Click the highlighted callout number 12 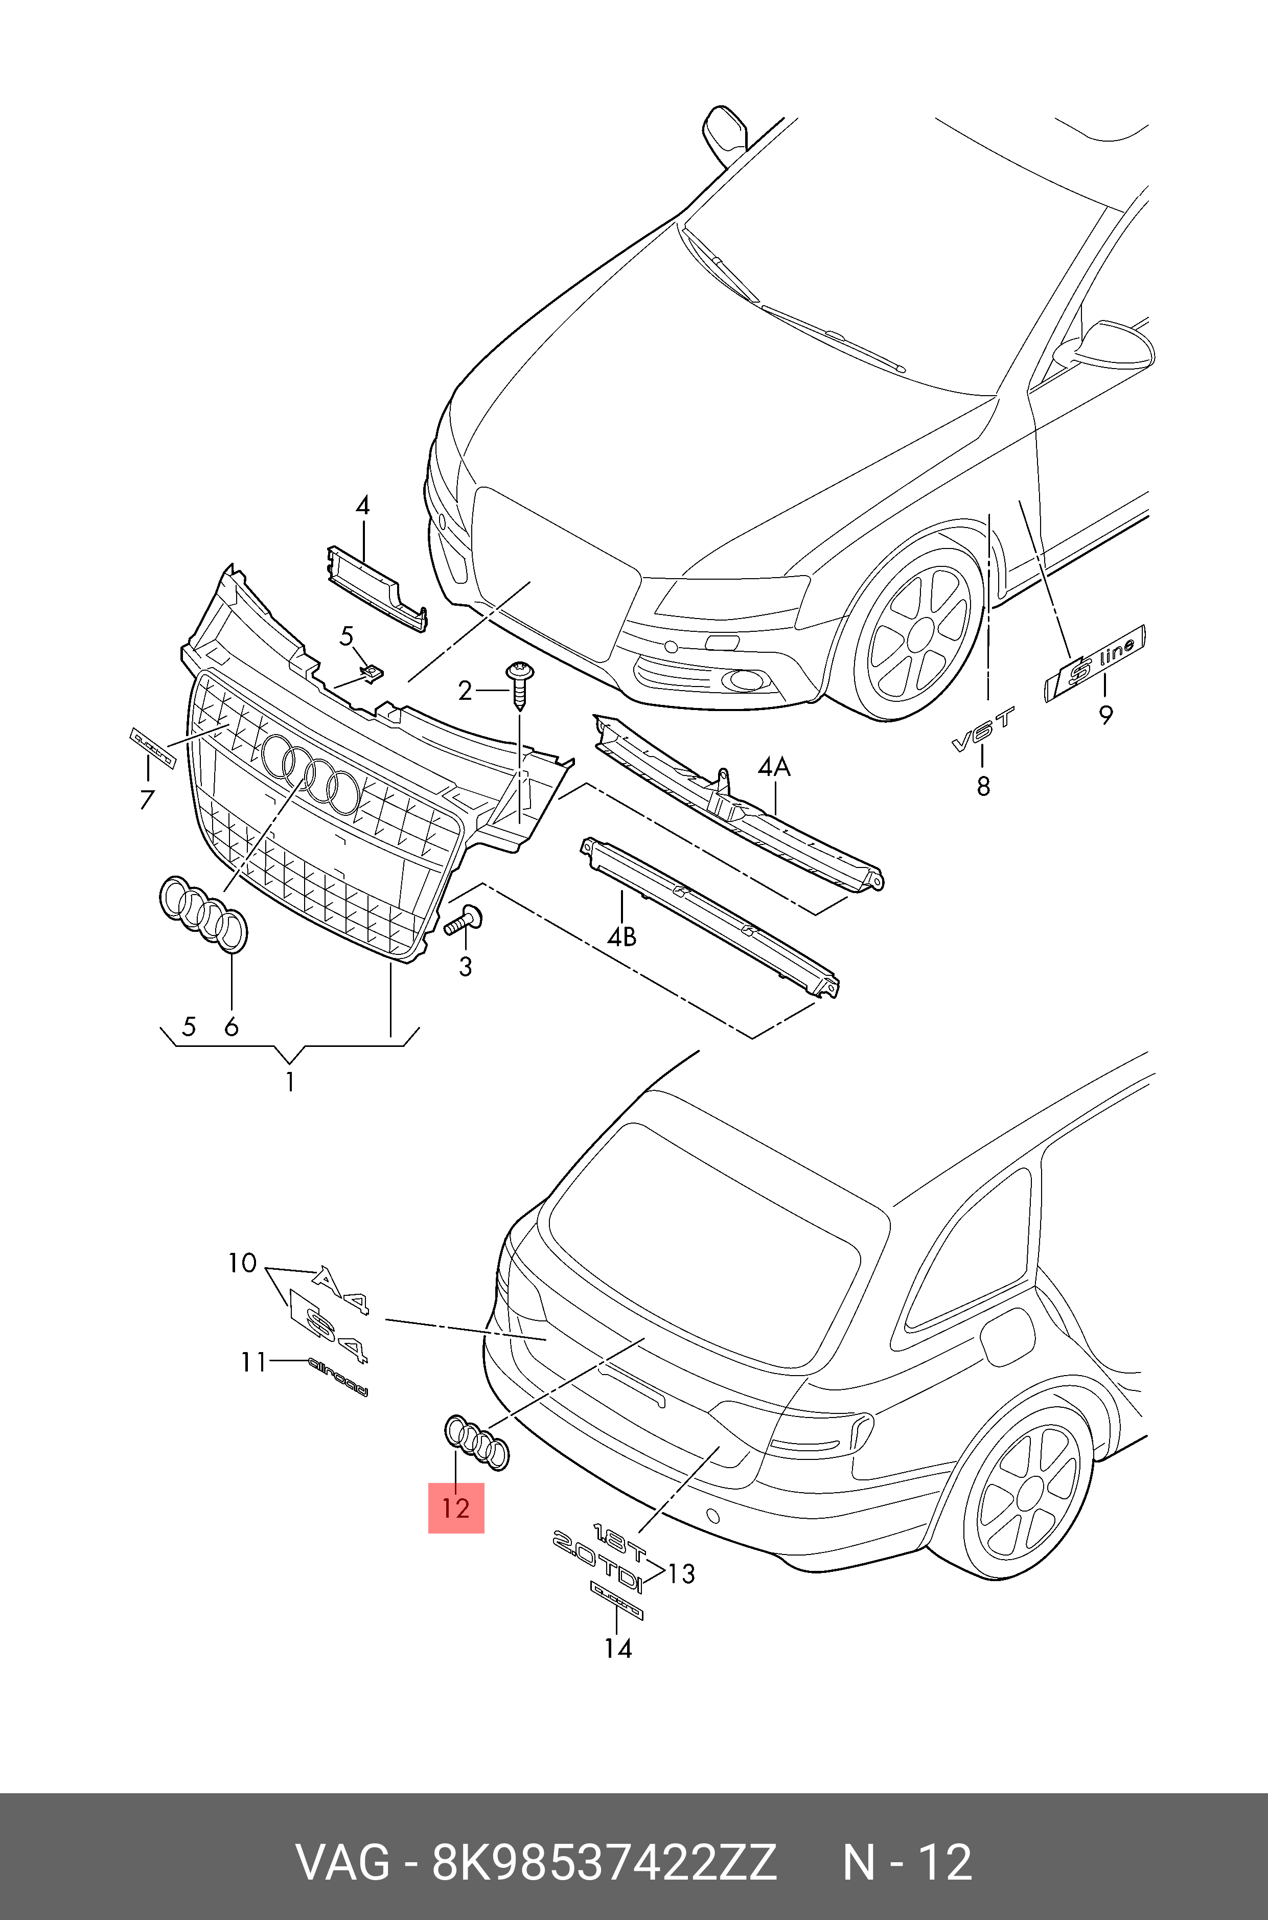(456, 1507)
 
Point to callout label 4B (621, 936)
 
